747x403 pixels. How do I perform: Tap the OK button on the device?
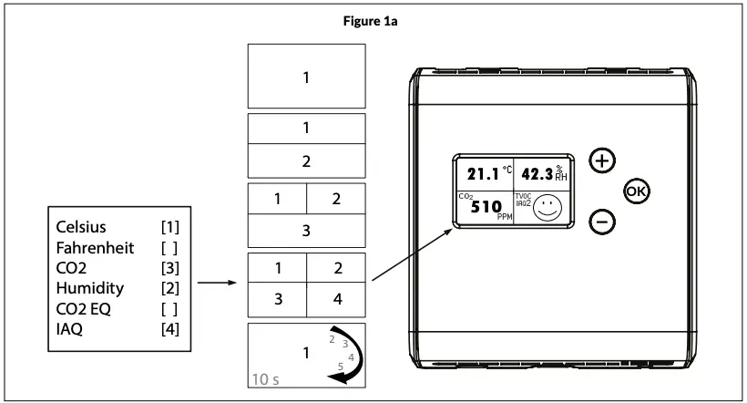636,191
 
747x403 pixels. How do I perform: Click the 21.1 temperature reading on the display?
484,174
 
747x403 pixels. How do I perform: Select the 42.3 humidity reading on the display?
537,174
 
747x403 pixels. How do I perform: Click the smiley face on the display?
547,208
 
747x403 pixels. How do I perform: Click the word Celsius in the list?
81,226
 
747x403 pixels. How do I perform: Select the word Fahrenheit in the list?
94,247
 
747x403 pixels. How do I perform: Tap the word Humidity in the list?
89,288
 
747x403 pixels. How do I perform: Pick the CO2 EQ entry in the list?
83,309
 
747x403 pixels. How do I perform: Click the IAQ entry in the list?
69,329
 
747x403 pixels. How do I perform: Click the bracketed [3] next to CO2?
169,268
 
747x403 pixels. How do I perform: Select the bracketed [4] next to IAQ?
169,329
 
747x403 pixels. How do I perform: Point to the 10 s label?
265,378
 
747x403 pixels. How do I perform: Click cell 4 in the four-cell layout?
336,297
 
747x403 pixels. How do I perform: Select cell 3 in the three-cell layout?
307,231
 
